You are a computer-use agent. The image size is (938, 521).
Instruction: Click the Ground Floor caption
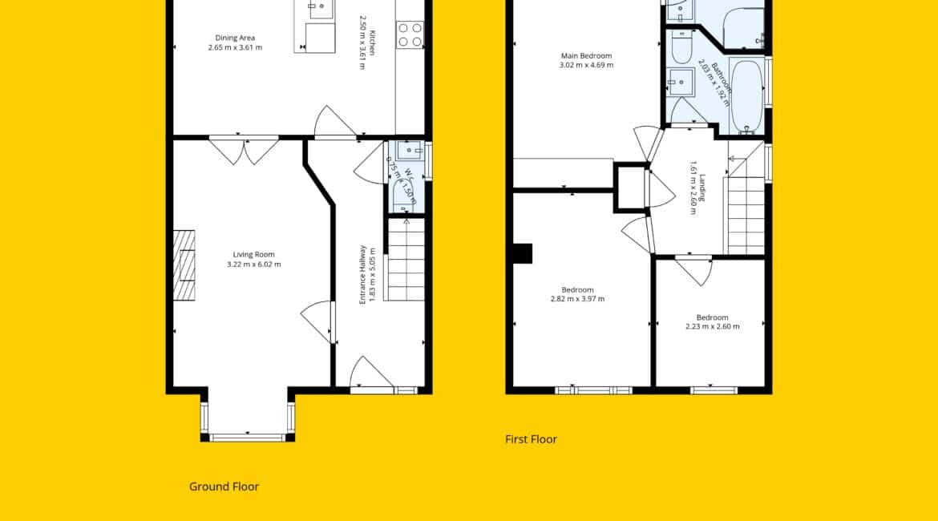coord(224,487)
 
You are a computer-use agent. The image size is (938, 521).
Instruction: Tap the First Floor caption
coord(532,439)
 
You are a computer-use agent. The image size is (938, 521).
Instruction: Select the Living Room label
coord(253,254)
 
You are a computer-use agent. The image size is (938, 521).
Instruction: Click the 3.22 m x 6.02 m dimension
coord(253,264)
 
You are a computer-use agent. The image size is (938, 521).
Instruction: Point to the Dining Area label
coord(235,38)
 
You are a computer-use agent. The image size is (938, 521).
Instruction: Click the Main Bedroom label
coord(586,55)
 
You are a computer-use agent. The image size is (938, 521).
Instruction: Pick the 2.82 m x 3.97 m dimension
coord(577,298)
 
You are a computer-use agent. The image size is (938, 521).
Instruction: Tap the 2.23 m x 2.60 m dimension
coord(713,326)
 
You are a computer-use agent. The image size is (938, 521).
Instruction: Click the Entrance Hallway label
coord(362,275)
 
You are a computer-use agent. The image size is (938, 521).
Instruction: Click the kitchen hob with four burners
coord(410,34)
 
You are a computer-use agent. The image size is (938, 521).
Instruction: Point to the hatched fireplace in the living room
coord(184,265)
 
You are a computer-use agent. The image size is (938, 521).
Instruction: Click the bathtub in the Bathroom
coord(746,95)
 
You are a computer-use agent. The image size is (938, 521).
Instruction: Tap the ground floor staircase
coord(406,259)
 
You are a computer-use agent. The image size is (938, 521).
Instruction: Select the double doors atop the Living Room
coord(244,150)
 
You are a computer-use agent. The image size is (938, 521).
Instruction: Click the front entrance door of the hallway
coord(371,372)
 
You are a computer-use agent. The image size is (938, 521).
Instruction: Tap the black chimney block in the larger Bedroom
coord(522,253)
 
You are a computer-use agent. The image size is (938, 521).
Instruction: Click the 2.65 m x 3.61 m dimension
coord(235,47)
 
